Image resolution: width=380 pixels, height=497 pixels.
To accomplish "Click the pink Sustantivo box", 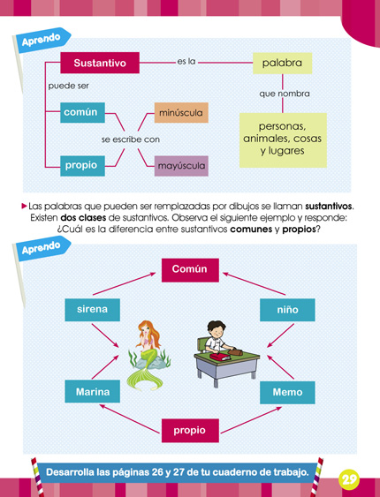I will click(x=100, y=64).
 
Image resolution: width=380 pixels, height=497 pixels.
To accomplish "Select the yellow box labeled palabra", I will click(x=282, y=64).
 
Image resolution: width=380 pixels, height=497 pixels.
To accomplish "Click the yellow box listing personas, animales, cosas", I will click(x=282, y=139).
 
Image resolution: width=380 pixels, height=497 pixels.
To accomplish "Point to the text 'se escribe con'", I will click(x=130, y=139).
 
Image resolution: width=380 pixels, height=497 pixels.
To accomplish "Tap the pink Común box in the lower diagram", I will click(x=189, y=269).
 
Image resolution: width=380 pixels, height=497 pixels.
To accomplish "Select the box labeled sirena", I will click(x=93, y=310).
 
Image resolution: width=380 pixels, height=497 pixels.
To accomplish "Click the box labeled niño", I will click(x=286, y=310).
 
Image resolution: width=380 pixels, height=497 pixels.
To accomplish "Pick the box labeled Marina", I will click(x=93, y=392).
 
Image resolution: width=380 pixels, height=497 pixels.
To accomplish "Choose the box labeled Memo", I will click(x=286, y=392).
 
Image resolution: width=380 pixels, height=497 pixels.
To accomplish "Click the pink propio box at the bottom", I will click(x=189, y=431).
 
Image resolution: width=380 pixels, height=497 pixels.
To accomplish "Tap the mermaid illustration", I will click(x=146, y=353).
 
